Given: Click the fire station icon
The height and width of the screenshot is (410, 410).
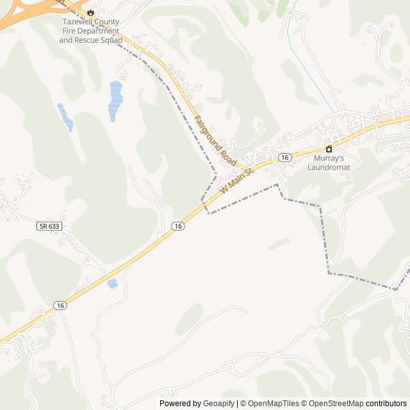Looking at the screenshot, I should pos(90,12).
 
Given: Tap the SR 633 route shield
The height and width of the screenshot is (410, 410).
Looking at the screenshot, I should pos(47,226).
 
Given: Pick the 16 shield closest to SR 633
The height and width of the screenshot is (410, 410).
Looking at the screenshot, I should pos(178,226).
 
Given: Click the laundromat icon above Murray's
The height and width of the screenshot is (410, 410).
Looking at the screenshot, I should pos(329,149).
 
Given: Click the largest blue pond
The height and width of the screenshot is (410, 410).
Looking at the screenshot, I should pos(116,99).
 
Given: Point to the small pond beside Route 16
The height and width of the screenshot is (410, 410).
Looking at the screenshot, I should pos(113,283).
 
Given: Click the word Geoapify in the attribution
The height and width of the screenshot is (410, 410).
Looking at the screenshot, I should pos(218,404).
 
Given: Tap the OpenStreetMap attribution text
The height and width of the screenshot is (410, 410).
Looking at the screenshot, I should pos(334,404).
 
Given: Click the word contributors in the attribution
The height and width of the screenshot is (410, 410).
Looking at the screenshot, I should pos(386,404).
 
